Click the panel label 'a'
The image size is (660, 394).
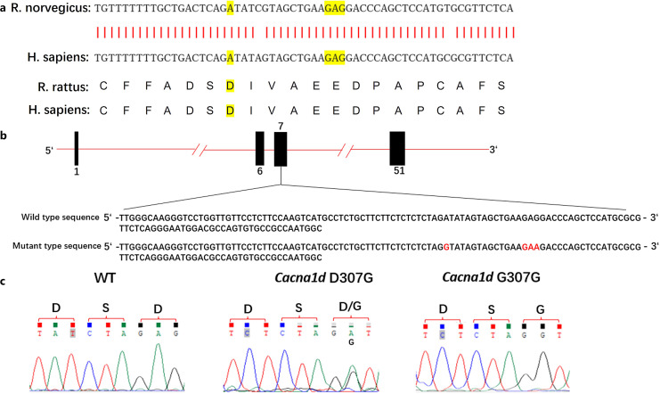pyautogui.click(x=5, y=10)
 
